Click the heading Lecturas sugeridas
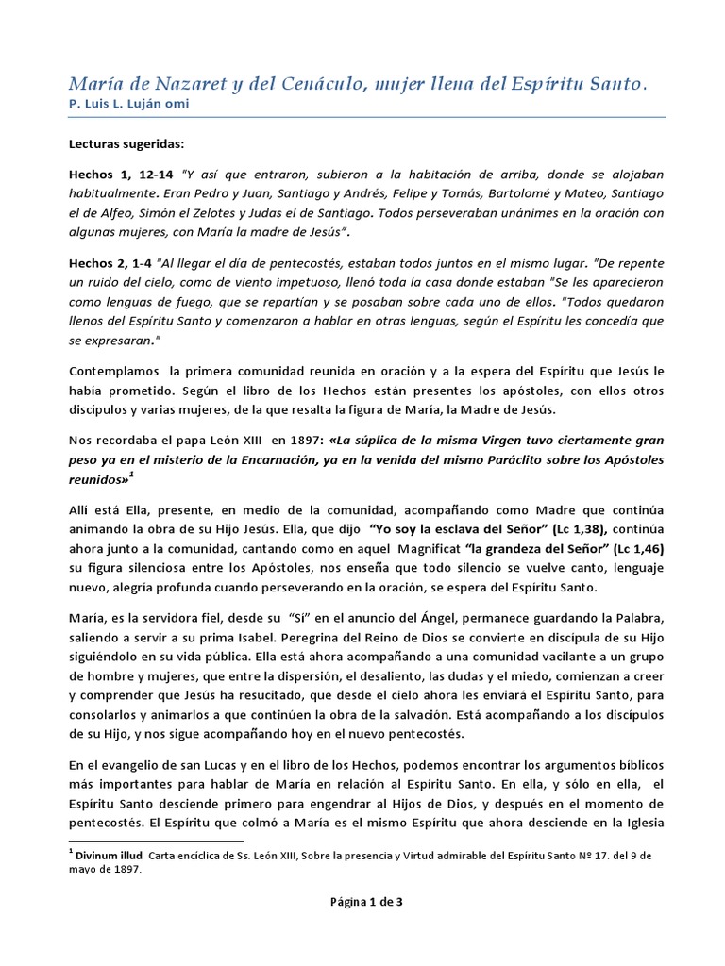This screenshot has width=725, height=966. pyautogui.click(x=127, y=146)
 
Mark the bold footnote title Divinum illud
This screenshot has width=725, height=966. pyautogui.click(x=110, y=855)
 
